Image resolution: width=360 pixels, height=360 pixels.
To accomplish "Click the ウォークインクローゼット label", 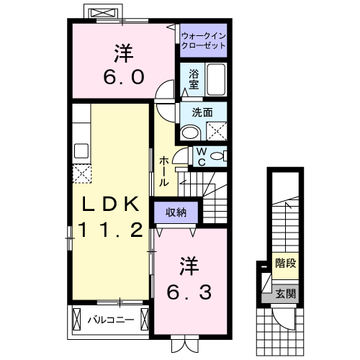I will [203, 40].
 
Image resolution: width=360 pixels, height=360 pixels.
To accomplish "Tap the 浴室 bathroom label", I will [194, 79].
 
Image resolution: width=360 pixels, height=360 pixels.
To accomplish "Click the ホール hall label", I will [165, 171].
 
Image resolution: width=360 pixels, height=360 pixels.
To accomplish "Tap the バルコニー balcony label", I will [111, 319].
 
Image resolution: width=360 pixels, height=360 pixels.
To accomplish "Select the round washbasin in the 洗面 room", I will [191, 132].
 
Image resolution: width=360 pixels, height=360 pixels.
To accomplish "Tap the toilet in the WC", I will [219, 155].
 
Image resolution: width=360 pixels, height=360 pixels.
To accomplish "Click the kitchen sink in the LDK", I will [80, 151].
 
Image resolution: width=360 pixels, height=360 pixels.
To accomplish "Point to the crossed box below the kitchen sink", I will [81, 174].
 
